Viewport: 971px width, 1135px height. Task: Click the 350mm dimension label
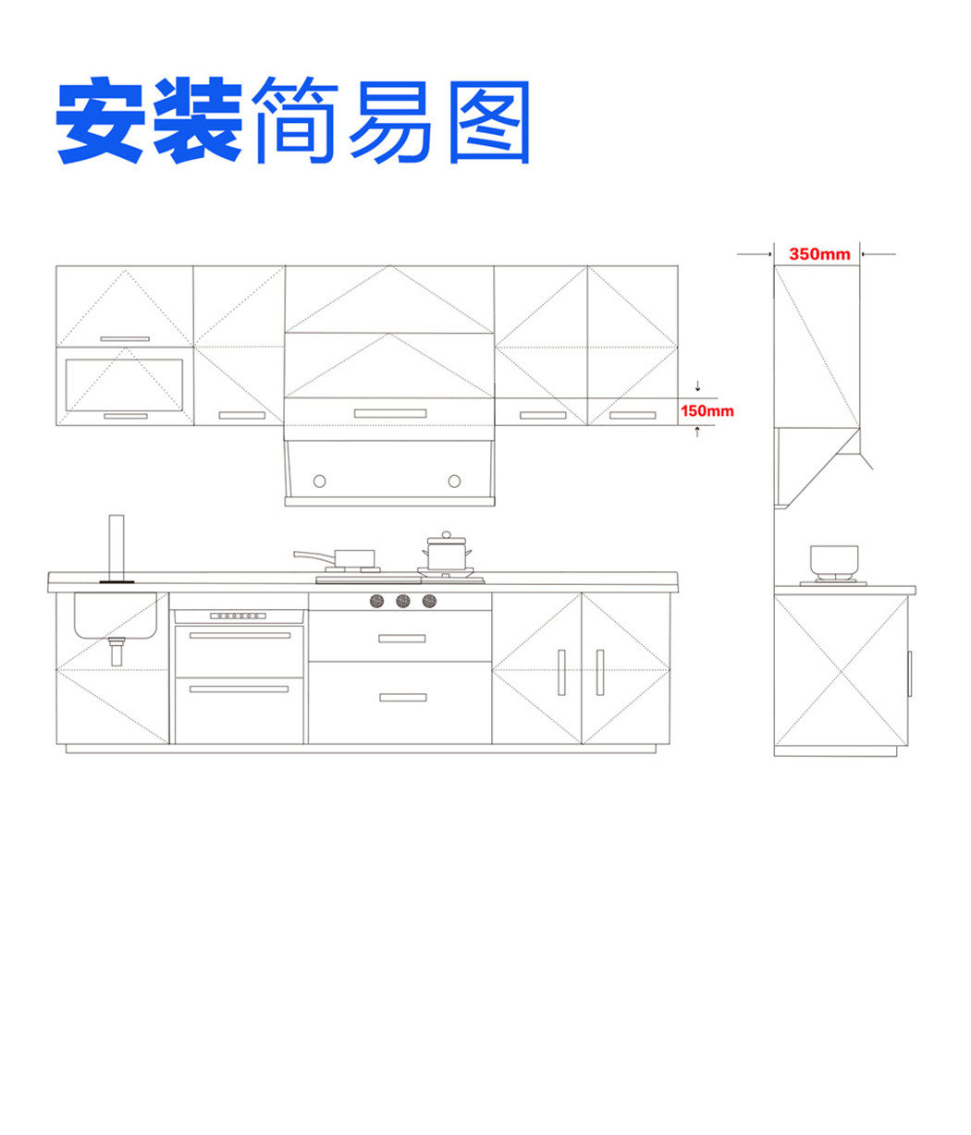click(x=818, y=253)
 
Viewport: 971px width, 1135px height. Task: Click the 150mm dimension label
click(x=707, y=410)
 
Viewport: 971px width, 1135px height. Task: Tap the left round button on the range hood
click(x=319, y=481)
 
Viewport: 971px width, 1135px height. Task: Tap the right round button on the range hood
click(x=454, y=481)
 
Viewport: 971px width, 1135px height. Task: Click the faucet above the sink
click(x=116, y=548)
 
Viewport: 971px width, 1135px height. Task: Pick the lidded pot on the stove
click(x=447, y=551)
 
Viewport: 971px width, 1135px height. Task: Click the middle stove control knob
click(x=403, y=601)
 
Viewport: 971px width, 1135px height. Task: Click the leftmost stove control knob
click(x=376, y=601)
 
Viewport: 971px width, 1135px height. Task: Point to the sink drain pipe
click(x=116, y=652)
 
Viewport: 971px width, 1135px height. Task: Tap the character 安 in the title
click(x=100, y=119)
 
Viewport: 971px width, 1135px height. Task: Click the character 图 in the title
click(x=489, y=122)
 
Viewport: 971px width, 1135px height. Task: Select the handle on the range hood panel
click(x=390, y=413)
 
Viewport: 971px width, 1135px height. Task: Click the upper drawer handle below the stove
click(x=401, y=638)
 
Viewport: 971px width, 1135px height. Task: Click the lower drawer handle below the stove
click(x=403, y=698)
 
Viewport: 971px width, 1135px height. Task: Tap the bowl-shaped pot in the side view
click(x=833, y=559)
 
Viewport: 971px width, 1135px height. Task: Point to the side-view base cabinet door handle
click(x=909, y=674)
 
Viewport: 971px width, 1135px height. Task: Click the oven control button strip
click(x=238, y=616)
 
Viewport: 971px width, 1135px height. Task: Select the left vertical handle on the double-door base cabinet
click(x=561, y=673)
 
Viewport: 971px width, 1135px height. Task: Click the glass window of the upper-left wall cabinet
click(x=124, y=384)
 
